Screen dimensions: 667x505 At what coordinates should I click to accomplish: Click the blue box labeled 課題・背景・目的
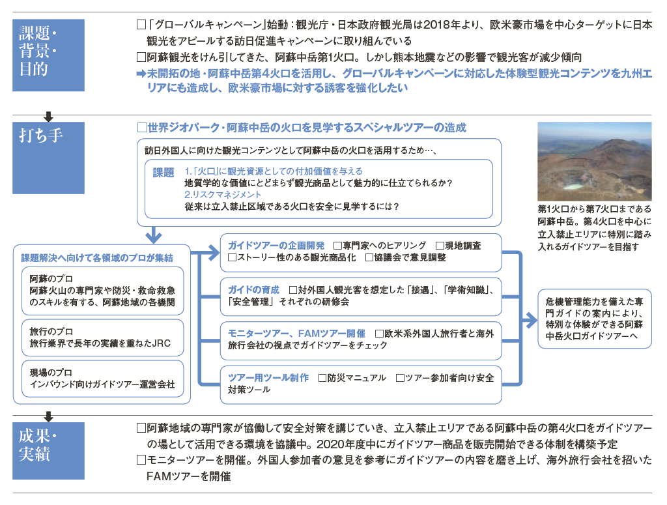point(48,55)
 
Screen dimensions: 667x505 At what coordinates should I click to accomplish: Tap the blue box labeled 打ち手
point(48,158)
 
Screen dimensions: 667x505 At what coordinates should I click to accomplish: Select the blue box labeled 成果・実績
point(48,450)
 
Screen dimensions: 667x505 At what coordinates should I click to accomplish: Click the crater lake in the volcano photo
point(573,186)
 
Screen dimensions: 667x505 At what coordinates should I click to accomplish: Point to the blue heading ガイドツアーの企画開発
point(276,246)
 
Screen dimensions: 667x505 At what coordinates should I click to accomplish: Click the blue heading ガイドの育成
point(253,290)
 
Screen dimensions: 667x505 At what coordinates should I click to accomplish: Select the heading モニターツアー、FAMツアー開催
point(296,333)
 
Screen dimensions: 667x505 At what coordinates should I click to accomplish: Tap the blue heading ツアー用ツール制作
point(268,377)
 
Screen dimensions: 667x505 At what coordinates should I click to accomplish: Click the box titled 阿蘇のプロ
point(102,291)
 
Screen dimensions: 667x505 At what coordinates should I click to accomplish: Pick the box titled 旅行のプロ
point(102,338)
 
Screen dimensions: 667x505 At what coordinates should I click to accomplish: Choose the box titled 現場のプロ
point(102,378)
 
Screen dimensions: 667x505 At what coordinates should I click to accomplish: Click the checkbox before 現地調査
point(440,246)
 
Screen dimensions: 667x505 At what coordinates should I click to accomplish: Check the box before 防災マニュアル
point(322,378)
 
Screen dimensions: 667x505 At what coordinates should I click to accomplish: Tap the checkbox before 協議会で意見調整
point(369,257)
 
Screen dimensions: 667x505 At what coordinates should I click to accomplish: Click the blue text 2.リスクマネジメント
point(223,194)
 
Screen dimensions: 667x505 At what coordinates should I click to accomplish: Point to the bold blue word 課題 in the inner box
point(163,172)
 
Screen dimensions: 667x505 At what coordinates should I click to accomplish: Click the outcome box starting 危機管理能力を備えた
point(594,319)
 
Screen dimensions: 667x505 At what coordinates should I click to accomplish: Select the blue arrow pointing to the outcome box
point(530,321)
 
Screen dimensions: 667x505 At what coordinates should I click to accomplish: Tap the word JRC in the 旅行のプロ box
point(162,343)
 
